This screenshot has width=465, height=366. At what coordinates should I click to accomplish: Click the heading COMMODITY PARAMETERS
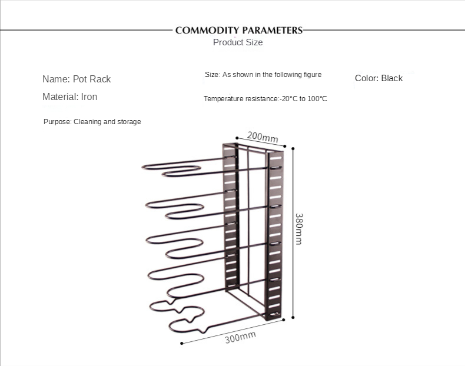click(x=238, y=30)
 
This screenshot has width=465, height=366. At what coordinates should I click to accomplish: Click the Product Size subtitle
click(x=238, y=42)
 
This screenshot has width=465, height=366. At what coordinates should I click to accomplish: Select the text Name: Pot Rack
click(x=77, y=79)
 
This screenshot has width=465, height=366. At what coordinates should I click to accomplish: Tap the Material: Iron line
click(x=69, y=97)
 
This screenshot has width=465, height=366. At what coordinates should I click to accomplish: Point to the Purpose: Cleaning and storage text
click(x=92, y=122)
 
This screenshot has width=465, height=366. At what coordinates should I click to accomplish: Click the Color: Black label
click(x=378, y=78)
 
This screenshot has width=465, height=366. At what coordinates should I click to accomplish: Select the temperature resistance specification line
click(x=265, y=99)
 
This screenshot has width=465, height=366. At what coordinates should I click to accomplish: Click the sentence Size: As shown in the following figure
click(x=263, y=75)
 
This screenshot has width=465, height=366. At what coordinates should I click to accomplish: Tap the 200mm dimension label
click(x=262, y=137)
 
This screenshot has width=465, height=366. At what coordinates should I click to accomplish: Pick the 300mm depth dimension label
click(x=240, y=338)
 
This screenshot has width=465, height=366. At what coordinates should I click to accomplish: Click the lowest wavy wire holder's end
click(x=172, y=325)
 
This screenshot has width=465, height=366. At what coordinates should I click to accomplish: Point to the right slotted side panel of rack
click(x=275, y=235)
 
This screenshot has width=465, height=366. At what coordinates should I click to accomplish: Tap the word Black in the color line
click(x=391, y=78)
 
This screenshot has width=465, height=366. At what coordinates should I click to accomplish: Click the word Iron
click(x=89, y=97)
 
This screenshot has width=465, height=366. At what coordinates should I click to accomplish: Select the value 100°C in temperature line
click(x=317, y=99)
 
